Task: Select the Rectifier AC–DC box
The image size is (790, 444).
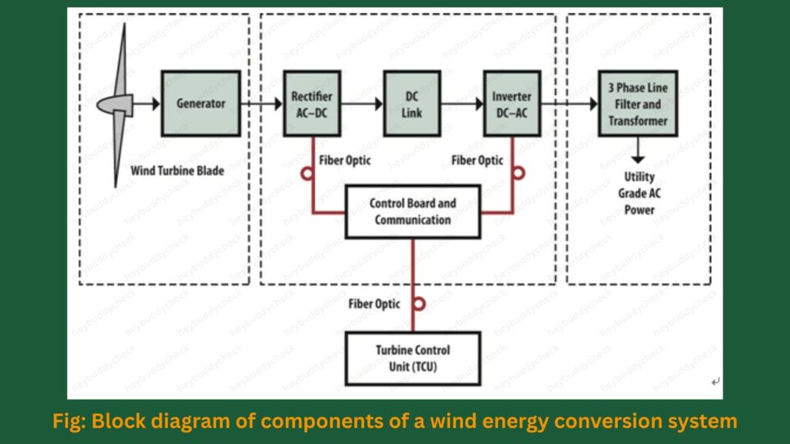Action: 312,103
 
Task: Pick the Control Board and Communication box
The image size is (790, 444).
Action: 413,211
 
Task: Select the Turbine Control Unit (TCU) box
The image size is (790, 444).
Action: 413,358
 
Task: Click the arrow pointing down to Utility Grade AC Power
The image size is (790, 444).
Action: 638,153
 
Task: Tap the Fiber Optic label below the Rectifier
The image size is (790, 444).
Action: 345,160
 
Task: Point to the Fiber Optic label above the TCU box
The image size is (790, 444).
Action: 374,304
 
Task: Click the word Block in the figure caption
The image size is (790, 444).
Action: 123,421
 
